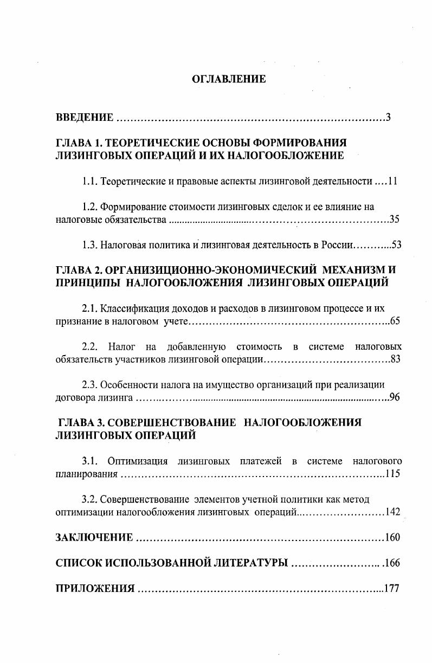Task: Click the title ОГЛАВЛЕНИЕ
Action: click(229, 80)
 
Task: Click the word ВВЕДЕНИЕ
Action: click(85, 118)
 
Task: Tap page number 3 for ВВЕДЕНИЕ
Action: click(388, 118)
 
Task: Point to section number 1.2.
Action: click(89, 207)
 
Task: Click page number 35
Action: click(395, 220)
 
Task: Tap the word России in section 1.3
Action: click(336, 245)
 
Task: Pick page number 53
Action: click(396, 245)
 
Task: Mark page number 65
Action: click(395, 321)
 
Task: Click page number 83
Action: click(395, 359)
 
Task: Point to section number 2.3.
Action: click(89, 385)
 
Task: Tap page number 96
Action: click(395, 398)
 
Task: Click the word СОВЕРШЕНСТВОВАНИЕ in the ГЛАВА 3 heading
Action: click(175, 422)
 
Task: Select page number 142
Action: click(392, 512)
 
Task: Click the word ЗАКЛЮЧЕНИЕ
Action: click(94, 538)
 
